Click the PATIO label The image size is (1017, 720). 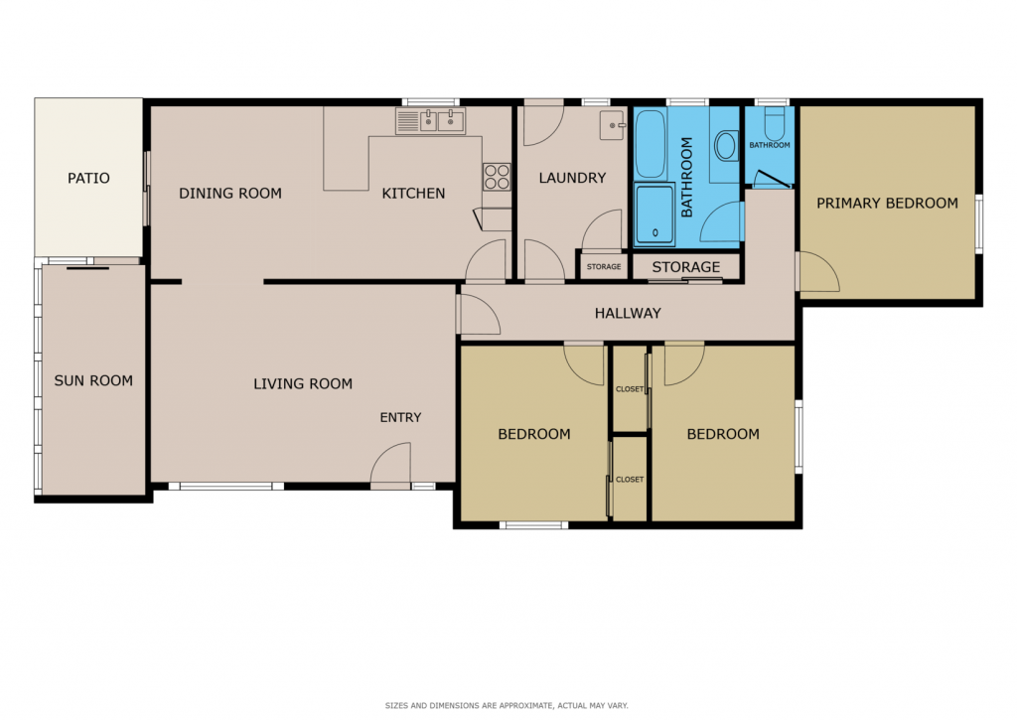pyautogui.click(x=88, y=178)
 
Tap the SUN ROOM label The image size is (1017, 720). pyautogui.click(x=93, y=380)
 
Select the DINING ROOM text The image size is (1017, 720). pyautogui.click(x=230, y=194)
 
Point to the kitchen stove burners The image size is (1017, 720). pyautogui.click(x=497, y=177)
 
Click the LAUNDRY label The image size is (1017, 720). pyautogui.click(x=572, y=178)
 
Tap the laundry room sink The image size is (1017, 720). pyautogui.click(x=611, y=125)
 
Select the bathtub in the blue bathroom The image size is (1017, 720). pyautogui.click(x=651, y=144)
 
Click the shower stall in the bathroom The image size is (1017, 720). pyautogui.click(x=654, y=215)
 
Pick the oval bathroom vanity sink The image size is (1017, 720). pyautogui.click(x=726, y=146)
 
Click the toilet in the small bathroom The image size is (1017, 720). pyautogui.click(x=775, y=122)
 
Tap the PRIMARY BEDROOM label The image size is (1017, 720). pyautogui.click(x=887, y=204)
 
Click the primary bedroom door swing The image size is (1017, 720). pyautogui.click(x=819, y=272)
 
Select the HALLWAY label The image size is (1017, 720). pyautogui.click(x=628, y=313)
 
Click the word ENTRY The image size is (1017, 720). pyautogui.click(x=400, y=418)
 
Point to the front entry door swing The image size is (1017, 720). pyautogui.click(x=390, y=463)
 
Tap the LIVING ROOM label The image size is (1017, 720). pyautogui.click(x=303, y=384)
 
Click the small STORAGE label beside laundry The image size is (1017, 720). pyautogui.click(x=604, y=266)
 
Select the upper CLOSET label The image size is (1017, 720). pyautogui.click(x=629, y=389)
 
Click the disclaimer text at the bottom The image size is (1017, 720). pyautogui.click(x=507, y=706)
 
